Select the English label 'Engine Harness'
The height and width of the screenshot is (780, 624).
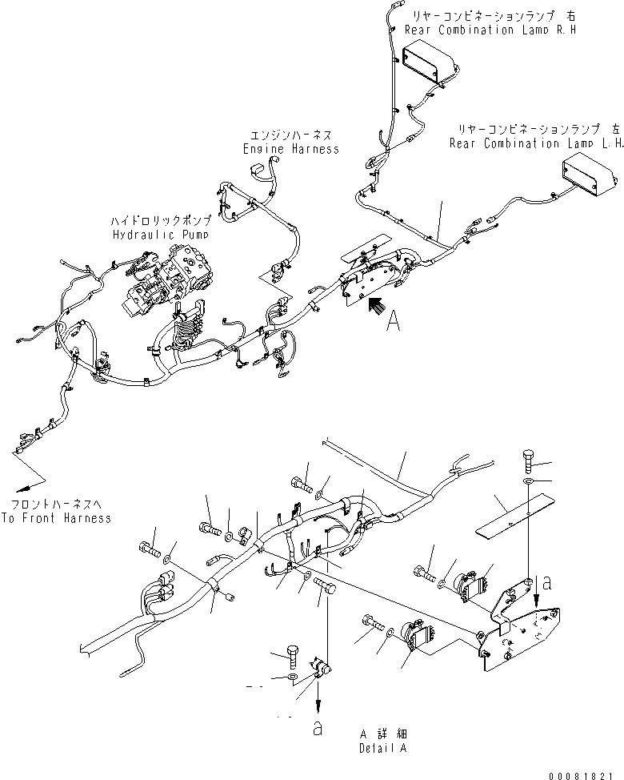coord(290,149)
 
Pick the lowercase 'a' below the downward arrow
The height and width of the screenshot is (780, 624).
coord(318,730)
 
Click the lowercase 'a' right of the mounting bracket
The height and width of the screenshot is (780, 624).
coord(546,583)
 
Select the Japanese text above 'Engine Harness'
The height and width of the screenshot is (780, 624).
coord(290,135)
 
